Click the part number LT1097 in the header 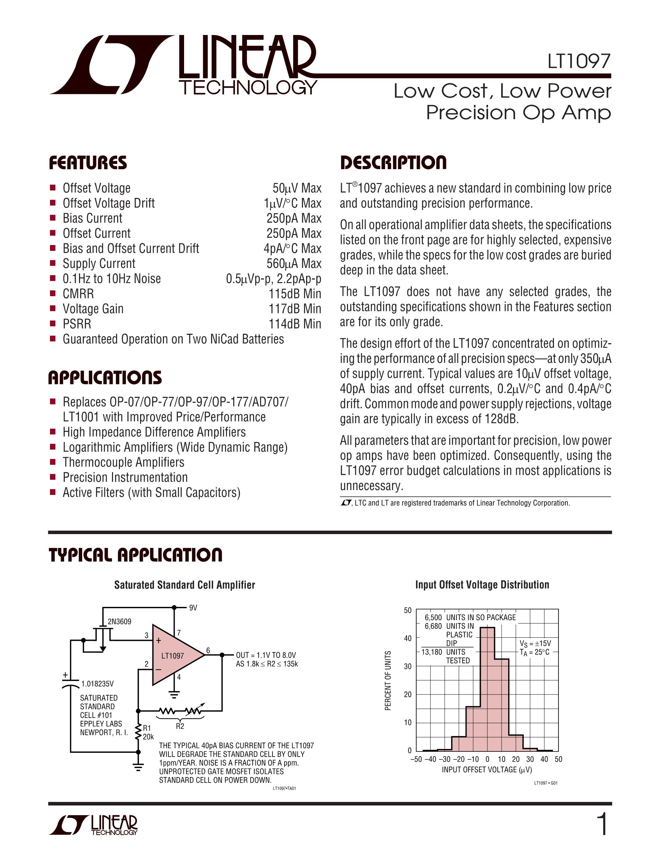[579, 61]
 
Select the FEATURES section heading [88, 163]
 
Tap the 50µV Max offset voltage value [297, 188]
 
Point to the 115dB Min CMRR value [294, 294]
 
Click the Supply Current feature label [99, 263]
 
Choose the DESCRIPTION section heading [393, 163]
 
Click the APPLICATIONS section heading [105, 378]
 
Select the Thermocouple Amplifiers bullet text [123, 462]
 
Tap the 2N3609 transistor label [119, 621]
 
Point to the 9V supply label [193, 608]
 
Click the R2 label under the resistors [180, 726]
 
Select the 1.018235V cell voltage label [97, 683]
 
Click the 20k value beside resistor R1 [148, 737]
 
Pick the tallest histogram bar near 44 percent [487, 688]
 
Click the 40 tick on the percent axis [407, 638]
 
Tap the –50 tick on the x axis [416, 759]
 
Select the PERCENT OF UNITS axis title [388, 680]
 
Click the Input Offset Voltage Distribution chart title [482, 585]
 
